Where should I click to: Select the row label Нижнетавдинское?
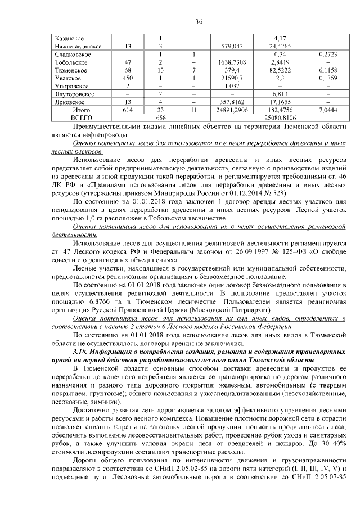point(78,46)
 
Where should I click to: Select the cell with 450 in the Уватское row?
point(128,78)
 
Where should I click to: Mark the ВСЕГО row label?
point(81,119)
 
